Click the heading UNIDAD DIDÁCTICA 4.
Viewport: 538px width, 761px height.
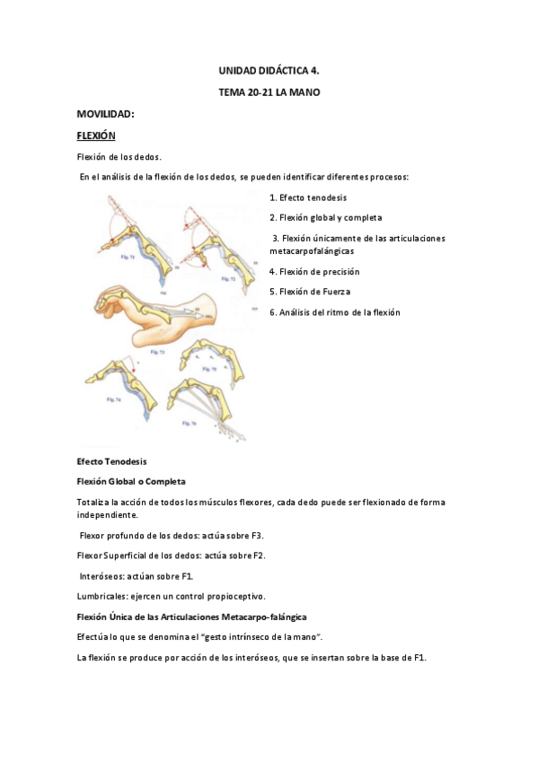[x=269, y=69]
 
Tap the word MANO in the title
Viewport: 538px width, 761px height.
[x=304, y=92]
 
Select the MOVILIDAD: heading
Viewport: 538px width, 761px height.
[x=105, y=114]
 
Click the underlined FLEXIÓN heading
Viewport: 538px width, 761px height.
[x=96, y=136]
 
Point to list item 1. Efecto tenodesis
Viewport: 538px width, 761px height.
[x=308, y=197]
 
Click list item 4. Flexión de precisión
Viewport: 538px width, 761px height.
[x=314, y=272]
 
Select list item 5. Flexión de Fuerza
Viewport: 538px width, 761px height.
[x=310, y=292]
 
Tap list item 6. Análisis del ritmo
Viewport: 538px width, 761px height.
[x=334, y=312]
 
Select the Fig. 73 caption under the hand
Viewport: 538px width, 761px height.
[x=157, y=353]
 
